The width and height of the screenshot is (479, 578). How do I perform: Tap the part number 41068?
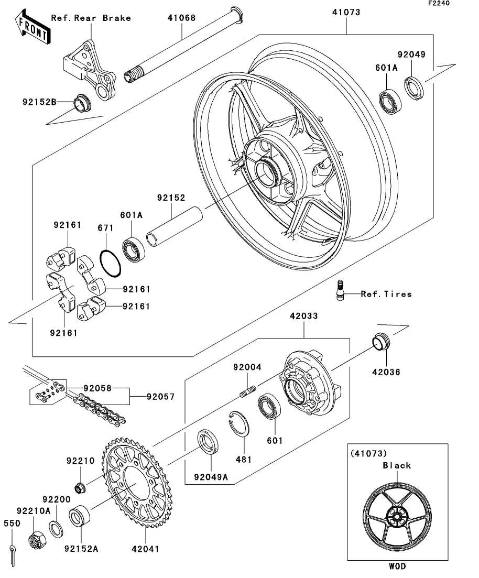tap(181, 18)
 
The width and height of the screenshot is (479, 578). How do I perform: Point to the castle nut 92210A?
tap(35, 537)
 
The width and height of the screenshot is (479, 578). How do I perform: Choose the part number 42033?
tap(304, 317)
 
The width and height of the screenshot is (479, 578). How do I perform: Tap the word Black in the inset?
tap(397, 465)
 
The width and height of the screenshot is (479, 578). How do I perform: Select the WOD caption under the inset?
tap(397, 566)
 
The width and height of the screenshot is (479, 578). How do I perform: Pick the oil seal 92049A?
tap(208, 441)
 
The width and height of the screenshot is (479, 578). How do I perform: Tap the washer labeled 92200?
tap(56, 529)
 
